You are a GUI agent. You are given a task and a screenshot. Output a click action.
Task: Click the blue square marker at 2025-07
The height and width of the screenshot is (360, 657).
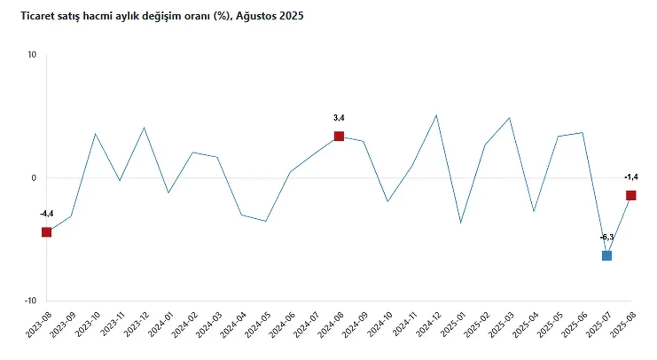pyautogui.click(x=607, y=256)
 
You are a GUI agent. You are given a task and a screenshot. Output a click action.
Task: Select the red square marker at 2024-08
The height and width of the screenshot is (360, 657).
pyautogui.click(x=339, y=136)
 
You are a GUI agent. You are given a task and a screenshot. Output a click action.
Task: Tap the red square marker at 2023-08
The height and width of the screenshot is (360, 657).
pyautogui.click(x=47, y=232)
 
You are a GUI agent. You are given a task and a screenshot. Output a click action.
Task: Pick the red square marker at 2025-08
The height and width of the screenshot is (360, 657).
pyautogui.click(x=631, y=195)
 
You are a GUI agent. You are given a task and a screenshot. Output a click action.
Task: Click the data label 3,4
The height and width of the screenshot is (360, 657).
pyautogui.click(x=339, y=118)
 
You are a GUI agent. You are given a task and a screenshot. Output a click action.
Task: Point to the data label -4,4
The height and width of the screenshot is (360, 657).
pyautogui.click(x=47, y=214)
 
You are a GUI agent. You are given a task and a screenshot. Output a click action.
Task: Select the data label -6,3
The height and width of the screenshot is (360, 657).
pyautogui.click(x=607, y=237)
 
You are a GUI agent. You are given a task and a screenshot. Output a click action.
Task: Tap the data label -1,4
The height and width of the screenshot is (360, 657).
pyautogui.click(x=631, y=177)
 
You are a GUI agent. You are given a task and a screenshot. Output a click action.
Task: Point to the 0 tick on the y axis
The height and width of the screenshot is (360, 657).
pyautogui.click(x=34, y=178)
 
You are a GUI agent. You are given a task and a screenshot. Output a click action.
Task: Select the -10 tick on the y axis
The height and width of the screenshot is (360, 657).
pyautogui.click(x=31, y=301)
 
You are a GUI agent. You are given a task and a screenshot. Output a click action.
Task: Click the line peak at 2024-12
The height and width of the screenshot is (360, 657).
pyautogui.click(x=436, y=115)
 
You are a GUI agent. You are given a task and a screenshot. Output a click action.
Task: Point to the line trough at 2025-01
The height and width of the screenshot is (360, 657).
pyautogui.click(x=460, y=223)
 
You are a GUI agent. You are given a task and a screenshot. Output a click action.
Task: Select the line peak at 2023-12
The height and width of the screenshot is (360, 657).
pyautogui.click(x=144, y=127)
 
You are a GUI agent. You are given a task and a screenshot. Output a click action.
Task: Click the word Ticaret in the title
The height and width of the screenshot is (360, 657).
pyautogui.click(x=36, y=16)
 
